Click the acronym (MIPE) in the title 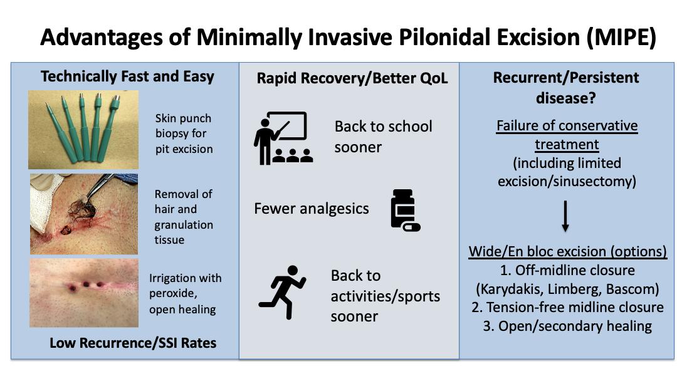pyautogui.click(x=621, y=38)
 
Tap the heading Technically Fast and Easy pyautogui.click(x=127, y=76)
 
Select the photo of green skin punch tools pyautogui.click(x=83, y=130)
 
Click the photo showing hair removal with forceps pyautogui.click(x=84, y=214)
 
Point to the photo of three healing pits pyautogui.click(x=84, y=293)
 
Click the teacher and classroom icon pyautogui.click(x=283, y=138)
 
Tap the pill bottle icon pyautogui.click(x=405, y=210)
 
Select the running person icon pyautogui.click(x=282, y=292)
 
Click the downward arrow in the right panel pyautogui.click(x=565, y=216)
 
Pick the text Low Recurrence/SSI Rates pyautogui.click(x=133, y=343)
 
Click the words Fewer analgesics pyautogui.click(x=312, y=209)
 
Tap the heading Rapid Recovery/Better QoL pyautogui.click(x=352, y=78)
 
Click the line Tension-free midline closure pyautogui.click(x=575, y=307)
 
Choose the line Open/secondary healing pyautogui.click(x=575, y=326)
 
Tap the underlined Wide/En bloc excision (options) pyautogui.click(x=567, y=251)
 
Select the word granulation pyautogui.click(x=184, y=225)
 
